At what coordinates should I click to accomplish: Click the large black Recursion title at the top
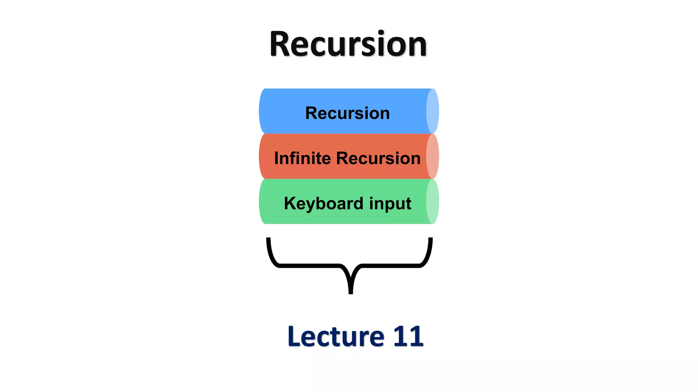coord(348,44)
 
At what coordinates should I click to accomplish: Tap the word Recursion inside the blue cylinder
coord(347,113)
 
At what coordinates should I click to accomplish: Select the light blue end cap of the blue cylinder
coord(433,111)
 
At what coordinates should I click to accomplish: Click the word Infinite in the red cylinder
coord(302,158)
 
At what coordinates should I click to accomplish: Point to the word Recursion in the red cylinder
coord(378,158)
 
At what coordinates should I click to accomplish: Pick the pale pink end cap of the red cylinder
coord(433,156)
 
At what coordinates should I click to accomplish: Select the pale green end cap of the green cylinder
coord(433,201)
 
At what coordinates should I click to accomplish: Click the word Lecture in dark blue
coord(336,337)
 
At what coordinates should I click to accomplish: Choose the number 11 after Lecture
coord(408,337)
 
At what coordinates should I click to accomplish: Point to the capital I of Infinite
coord(276,158)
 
